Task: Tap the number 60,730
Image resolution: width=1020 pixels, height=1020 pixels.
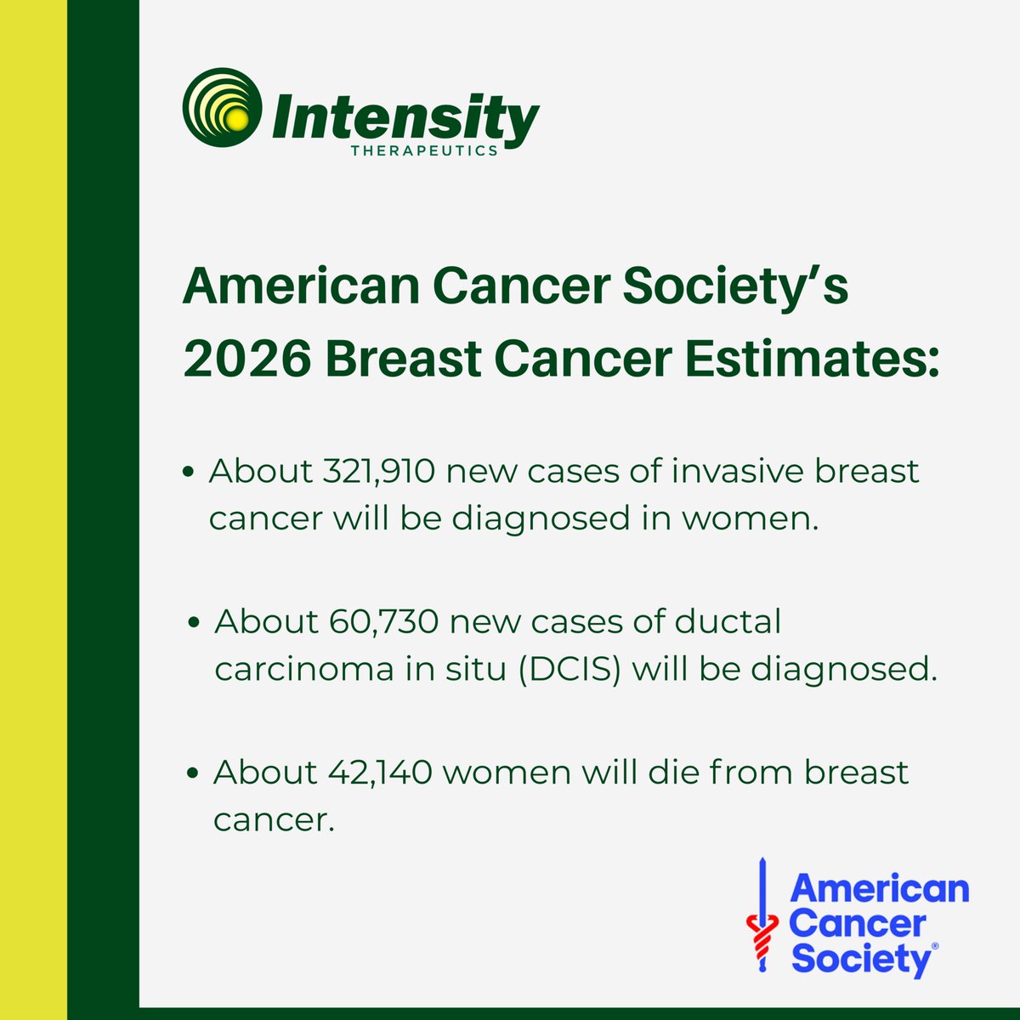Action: (382, 621)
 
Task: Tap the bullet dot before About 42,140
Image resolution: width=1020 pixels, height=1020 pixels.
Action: (195, 773)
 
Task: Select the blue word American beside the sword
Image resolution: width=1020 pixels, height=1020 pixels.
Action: (879, 889)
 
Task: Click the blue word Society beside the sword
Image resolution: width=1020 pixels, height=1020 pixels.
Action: (861, 960)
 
